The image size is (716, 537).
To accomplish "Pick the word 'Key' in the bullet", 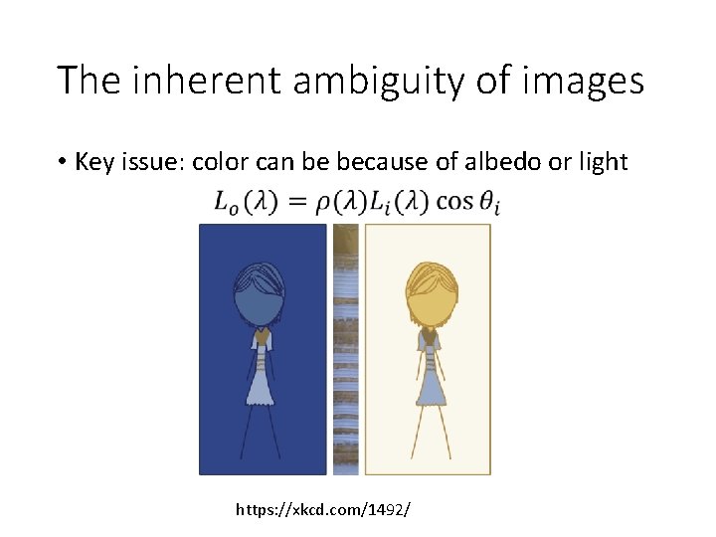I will pos(94,161).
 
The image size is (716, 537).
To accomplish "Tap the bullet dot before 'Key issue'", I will pos(63,162).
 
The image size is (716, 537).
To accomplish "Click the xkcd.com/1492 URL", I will pos(323,509).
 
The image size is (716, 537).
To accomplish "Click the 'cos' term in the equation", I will pos(456,202).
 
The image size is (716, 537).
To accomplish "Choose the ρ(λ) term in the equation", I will pos(334,202).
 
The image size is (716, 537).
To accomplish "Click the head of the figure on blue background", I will pos(259,296).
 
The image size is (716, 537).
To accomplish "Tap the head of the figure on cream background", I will pos(431,294).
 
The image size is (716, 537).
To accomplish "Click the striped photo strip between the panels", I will pos(345,348).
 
